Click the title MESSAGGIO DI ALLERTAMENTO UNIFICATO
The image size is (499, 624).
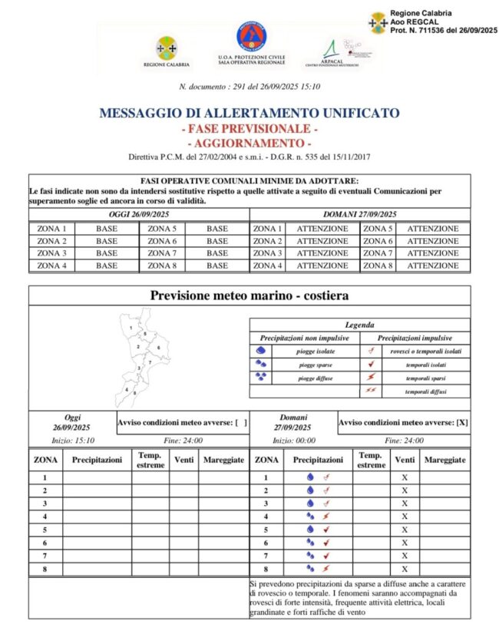[249, 114]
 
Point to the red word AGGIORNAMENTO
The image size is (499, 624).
[249, 144]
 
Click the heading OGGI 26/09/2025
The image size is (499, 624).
[139, 214]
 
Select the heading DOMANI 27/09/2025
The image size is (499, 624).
[360, 214]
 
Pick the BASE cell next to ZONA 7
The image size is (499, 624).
[217, 253]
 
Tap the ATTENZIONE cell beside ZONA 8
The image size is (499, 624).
[433, 266]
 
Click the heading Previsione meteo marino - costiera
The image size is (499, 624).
[249, 295]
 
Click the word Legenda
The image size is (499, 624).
[360, 325]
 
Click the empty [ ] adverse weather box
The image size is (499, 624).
[241, 422]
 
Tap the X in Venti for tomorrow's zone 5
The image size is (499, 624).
[405, 529]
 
